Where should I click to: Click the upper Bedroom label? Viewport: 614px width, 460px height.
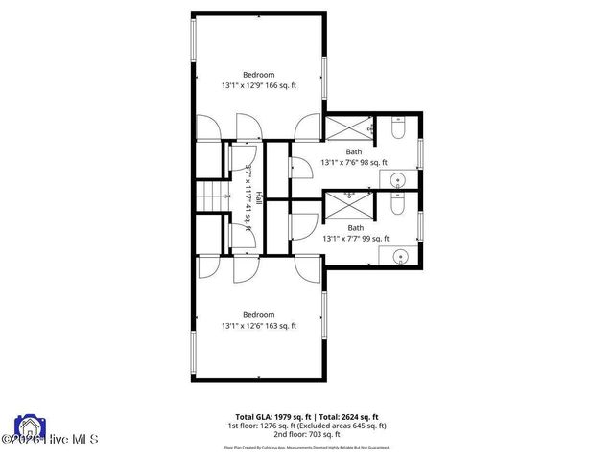258,75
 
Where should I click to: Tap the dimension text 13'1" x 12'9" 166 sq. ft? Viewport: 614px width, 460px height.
259,85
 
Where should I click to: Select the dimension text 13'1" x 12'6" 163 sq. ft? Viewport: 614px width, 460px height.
259,326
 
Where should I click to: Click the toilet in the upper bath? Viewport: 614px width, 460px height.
399,126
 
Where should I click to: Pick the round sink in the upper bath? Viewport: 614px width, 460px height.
401,178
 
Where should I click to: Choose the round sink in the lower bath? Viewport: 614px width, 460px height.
401,254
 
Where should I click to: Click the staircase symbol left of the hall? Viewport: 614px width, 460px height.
211,198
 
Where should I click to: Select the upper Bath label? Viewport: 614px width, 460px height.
355,151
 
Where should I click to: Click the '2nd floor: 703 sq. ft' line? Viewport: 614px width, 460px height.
306,433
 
